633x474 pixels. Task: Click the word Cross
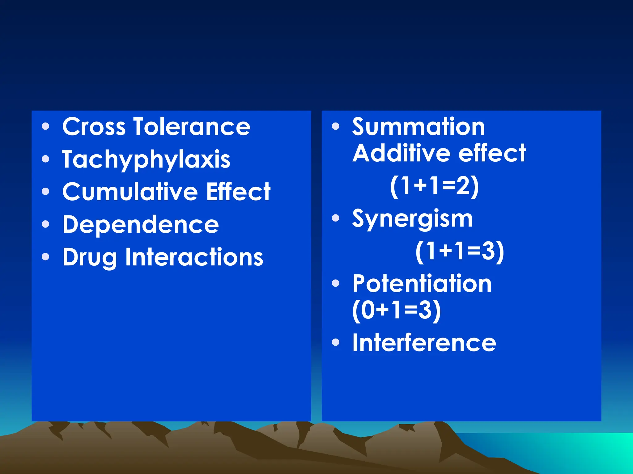[94, 127]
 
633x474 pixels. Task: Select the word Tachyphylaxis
[146, 160]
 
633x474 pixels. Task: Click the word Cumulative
[130, 192]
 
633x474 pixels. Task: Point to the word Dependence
[141, 225]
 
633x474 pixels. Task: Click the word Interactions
[194, 257]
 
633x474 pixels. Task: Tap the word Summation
[418, 127]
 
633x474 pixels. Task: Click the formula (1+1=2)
[434, 186]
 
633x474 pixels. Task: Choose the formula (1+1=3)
[460, 252]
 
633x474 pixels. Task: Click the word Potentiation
[422, 284]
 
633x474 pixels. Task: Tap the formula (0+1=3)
[397, 310]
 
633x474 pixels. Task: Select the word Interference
[424, 343]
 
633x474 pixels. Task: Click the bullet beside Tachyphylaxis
[45, 159]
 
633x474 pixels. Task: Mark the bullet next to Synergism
[335, 218]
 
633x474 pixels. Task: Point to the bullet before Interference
[335, 342]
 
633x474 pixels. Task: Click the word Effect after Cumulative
[238, 192]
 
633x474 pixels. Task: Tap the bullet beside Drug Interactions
[45, 257]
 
